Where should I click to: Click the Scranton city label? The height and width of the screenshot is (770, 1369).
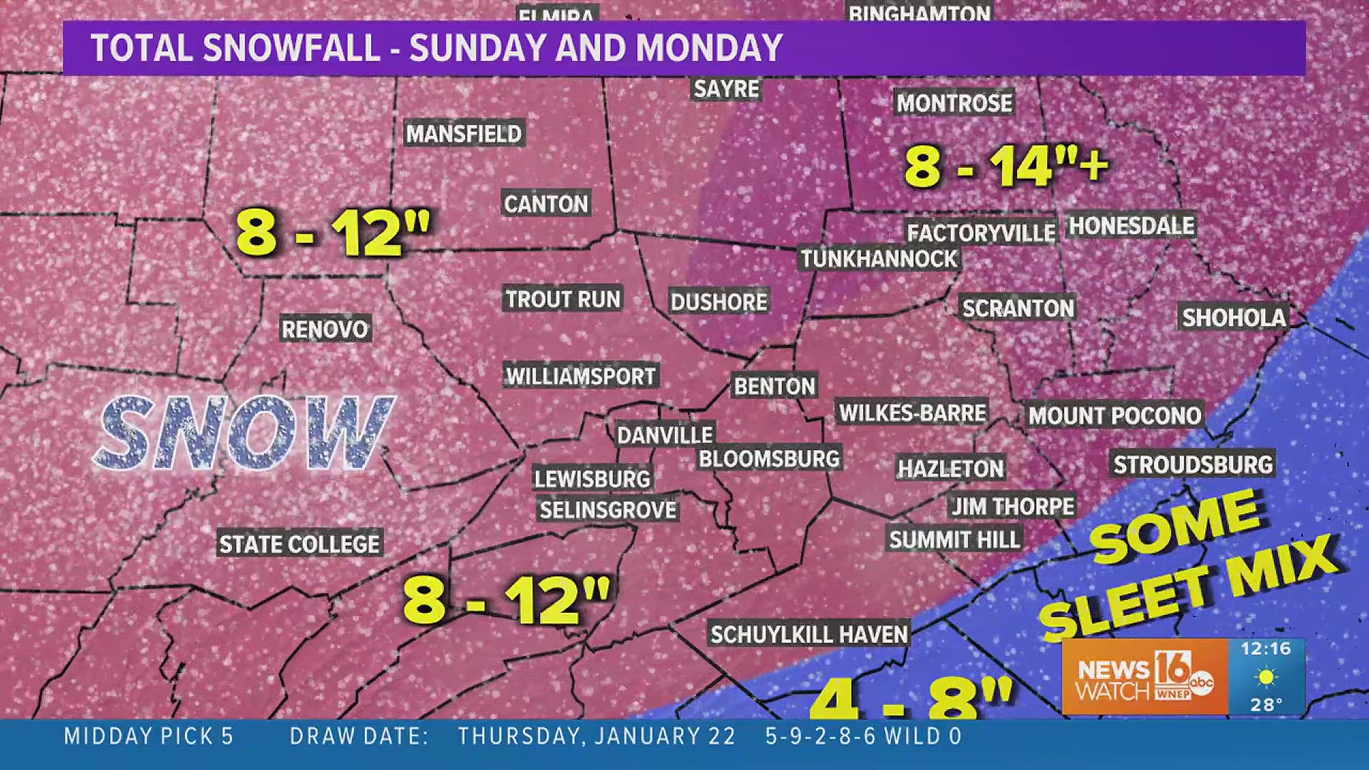click(x=1017, y=308)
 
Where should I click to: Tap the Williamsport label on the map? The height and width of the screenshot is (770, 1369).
click(x=580, y=376)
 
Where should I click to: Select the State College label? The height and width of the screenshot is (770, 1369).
click(x=299, y=544)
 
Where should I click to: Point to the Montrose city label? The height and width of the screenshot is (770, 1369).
click(x=954, y=103)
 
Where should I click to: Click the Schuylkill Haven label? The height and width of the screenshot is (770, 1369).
click(x=809, y=634)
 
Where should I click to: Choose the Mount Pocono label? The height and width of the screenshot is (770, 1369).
click(x=1114, y=415)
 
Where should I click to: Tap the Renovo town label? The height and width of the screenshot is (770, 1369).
click(x=324, y=329)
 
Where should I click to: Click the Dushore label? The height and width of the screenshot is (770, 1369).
click(x=719, y=302)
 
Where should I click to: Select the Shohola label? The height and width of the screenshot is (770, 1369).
click(x=1234, y=317)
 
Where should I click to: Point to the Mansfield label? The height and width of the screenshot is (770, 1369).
click(x=463, y=133)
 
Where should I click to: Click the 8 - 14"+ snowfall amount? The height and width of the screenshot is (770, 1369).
click(x=1005, y=167)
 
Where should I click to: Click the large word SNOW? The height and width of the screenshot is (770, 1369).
click(x=242, y=433)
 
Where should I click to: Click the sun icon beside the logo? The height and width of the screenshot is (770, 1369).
click(x=1266, y=677)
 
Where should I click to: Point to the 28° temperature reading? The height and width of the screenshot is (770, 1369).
click(x=1266, y=704)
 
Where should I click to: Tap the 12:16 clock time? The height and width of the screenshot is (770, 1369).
click(x=1266, y=649)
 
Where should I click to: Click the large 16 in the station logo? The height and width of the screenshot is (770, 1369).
click(x=1171, y=668)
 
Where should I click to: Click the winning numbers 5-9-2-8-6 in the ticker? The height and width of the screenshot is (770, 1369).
click(x=820, y=736)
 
